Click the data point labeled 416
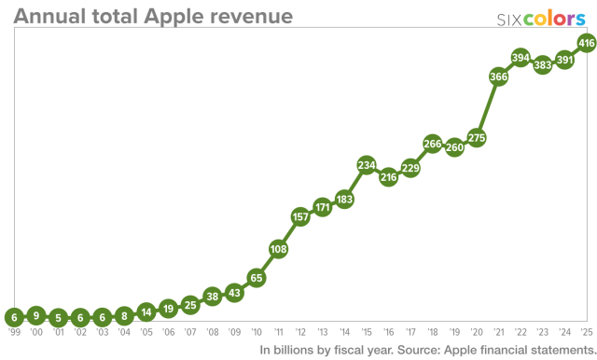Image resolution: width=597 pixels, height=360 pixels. [587, 43]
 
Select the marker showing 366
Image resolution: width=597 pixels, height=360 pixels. [498, 77]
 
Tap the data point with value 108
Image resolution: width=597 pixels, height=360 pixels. [278, 249]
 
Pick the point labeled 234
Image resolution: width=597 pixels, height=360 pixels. [367, 165]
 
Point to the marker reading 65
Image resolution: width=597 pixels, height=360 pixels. [256, 277]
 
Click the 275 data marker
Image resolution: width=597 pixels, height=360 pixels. [477, 138]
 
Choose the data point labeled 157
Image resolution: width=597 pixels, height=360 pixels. [300, 216]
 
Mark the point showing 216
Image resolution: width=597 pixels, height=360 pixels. [389, 176]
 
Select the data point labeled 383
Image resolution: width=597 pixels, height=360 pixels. [543, 65]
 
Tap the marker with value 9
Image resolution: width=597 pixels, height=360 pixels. [35, 314]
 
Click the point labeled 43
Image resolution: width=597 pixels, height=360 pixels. [234, 292]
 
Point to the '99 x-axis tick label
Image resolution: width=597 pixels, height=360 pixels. [13, 331]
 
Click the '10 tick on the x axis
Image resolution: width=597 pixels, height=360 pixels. [256, 331]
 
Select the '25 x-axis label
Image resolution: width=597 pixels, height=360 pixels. [587, 331]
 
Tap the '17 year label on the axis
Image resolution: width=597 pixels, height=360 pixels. [410, 331]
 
